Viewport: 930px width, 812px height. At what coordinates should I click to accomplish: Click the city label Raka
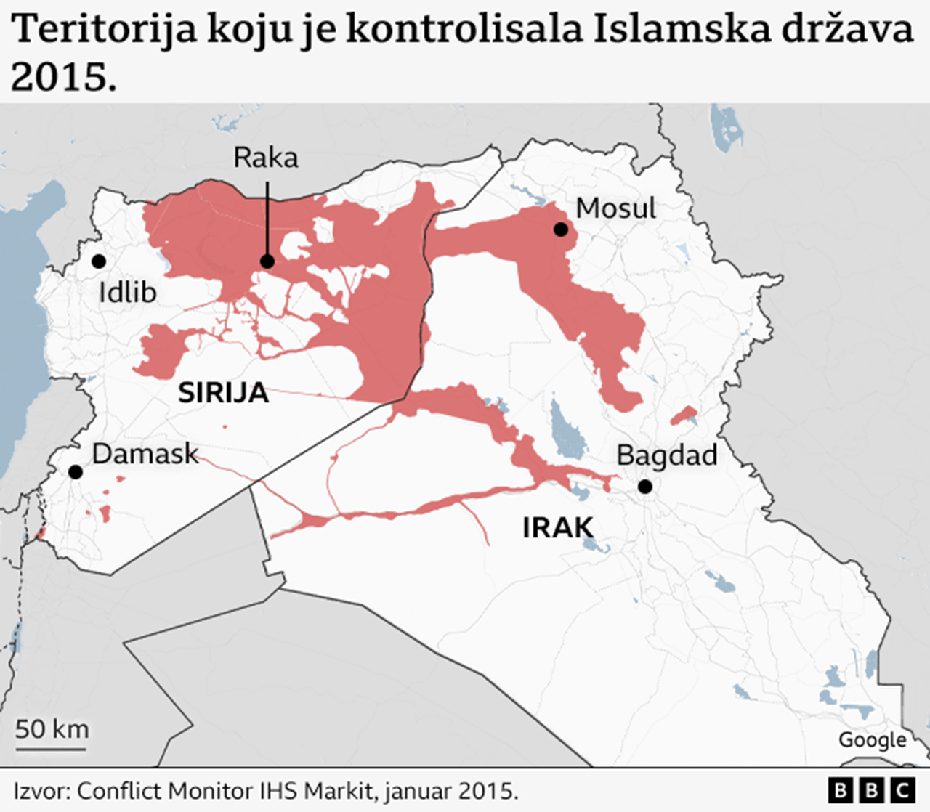click(x=265, y=158)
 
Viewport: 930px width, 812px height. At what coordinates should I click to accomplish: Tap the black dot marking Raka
click(x=267, y=261)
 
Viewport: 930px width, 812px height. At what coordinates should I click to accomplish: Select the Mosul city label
click(x=615, y=208)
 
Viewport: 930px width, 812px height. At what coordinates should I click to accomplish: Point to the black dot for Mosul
click(x=560, y=230)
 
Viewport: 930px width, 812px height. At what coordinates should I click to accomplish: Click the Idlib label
click(x=127, y=293)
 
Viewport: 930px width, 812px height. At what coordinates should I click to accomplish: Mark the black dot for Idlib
click(x=98, y=261)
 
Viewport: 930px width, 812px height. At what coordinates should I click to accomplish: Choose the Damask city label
click(x=145, y=454)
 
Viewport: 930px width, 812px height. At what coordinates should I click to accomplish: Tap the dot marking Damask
click(x=75, y=472)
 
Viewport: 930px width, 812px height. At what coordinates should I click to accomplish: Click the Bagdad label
click(x=666, y=455)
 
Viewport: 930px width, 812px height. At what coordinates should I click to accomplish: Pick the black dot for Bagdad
click(x=644, y=487)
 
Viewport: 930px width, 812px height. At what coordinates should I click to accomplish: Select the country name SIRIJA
click(x=223, y=393)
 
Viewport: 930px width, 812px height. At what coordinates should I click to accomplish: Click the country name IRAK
click(x=557, y=528)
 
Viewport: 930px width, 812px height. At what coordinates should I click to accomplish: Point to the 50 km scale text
click(x=52, y=728)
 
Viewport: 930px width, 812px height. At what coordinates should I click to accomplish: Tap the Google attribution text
click(x=872, y=740)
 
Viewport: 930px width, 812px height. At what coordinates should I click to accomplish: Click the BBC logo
click(x=872, y=789)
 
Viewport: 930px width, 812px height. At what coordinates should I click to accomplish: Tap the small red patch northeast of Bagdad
click(x=684, y=416)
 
